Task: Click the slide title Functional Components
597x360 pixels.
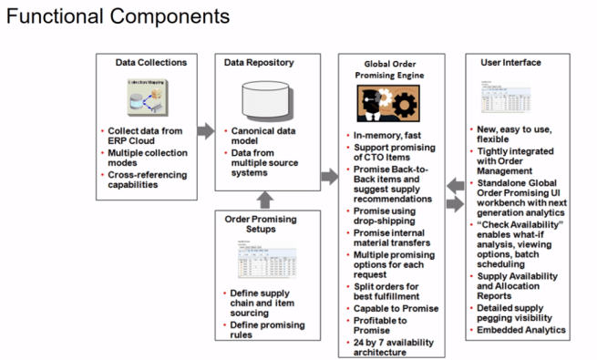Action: [x=118, y=16]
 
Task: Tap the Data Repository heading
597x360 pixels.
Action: [x=259, y=63]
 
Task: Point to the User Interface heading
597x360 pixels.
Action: [x=510, y=63]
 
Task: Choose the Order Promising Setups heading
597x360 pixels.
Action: [x=264, y=224]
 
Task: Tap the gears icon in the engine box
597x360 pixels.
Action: [x=395, y=108]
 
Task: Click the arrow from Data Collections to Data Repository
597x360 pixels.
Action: [x=205, y=129]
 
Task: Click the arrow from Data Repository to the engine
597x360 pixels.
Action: [x=328, y=174]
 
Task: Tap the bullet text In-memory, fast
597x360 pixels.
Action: [x=386, y=135]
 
